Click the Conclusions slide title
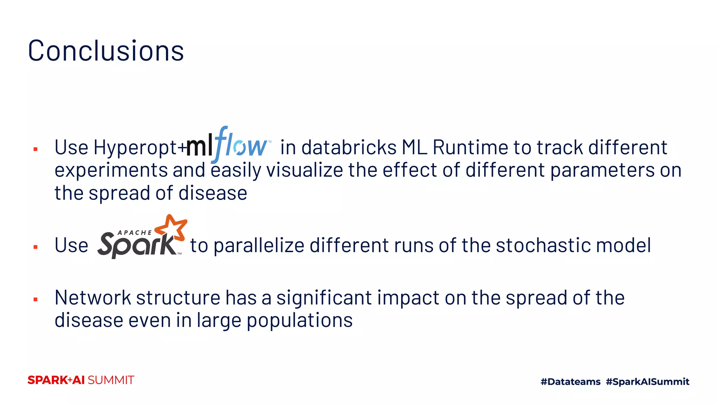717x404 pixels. (106, 51)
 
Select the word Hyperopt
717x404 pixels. (135, 148)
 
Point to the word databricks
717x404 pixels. (349, 147)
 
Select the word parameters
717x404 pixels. (602, 170)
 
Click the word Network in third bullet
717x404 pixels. (93, 298)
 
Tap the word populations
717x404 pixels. (300, 321)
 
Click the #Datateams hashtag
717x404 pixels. (570, 382)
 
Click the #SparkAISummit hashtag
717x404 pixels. (647, 382)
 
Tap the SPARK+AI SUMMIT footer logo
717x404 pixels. (81, 380)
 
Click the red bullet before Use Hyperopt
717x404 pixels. (35, 149)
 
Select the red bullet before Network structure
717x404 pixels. (35, 299)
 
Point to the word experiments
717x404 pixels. (111, 170)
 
